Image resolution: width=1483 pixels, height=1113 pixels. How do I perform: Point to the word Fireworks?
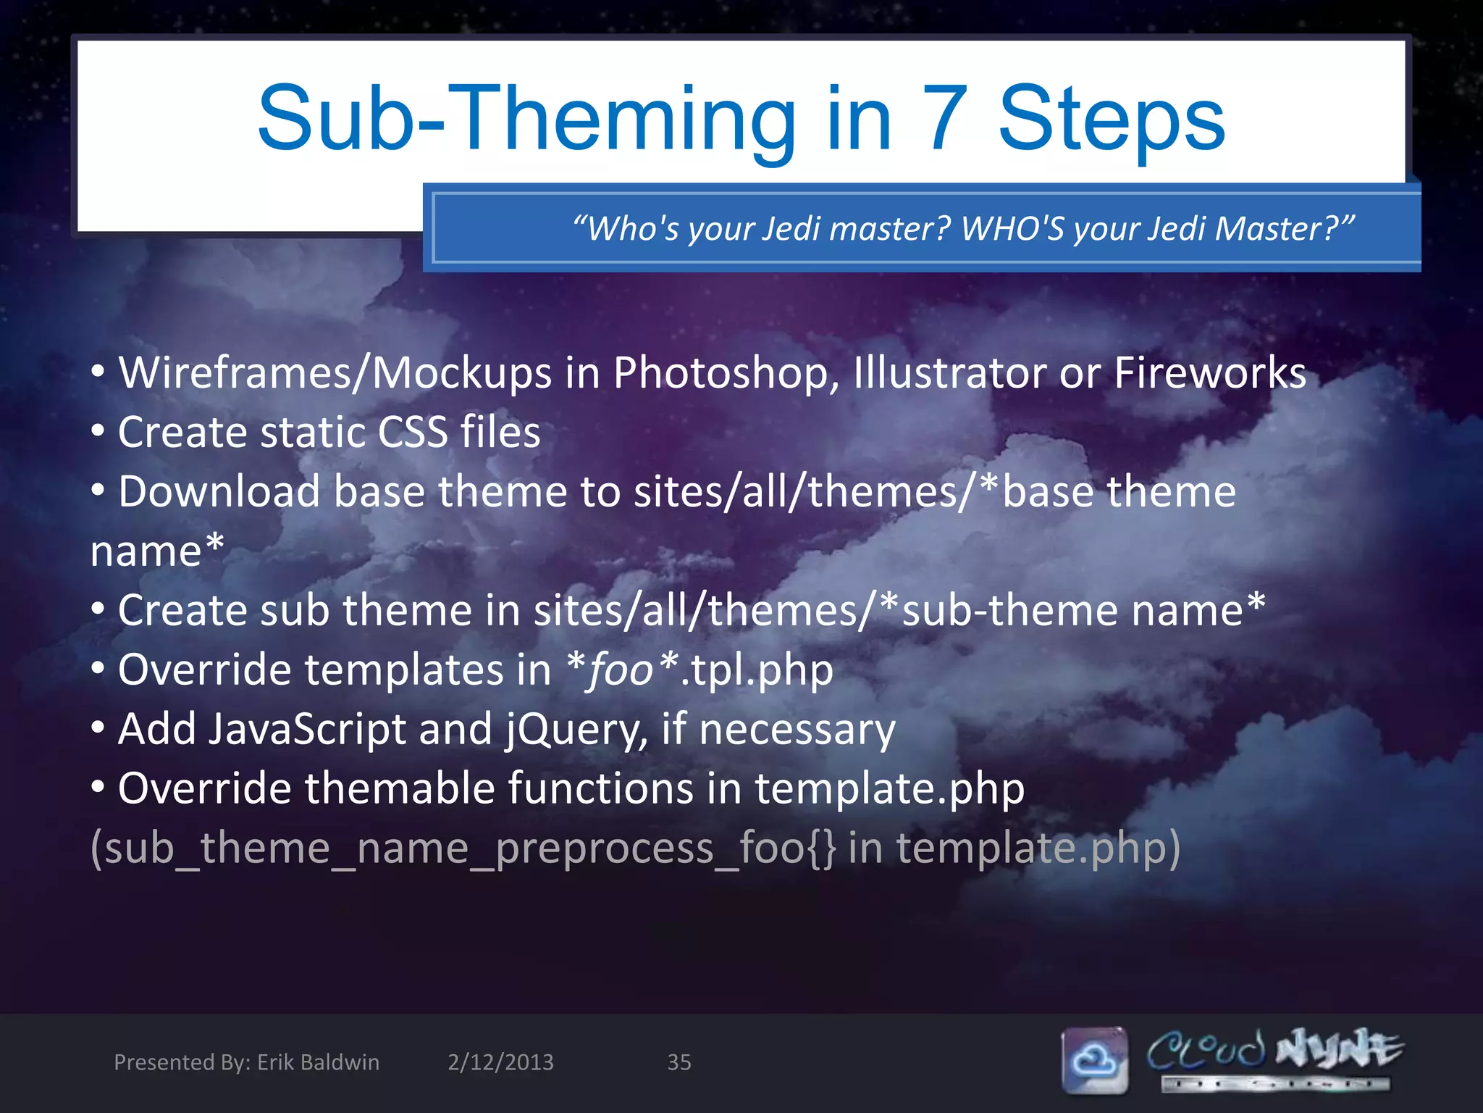pyautogui.click(x=1209, y=373)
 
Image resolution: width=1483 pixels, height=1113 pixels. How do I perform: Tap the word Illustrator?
pyautogui.click(x=949, y=373)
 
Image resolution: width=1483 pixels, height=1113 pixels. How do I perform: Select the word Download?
pyautogui.click(x=219, y=492)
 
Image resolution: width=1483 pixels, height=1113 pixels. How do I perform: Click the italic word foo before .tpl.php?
pyautogui.click(x=621, y=670)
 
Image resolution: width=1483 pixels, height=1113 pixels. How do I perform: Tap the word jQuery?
pyautogui.click(x=576, y=730)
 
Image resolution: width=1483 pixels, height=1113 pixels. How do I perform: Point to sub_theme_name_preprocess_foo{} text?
pyautogui.click(x=463, y=848)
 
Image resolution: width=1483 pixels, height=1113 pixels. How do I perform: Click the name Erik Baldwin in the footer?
pyautogui.click(x=318, y=1062)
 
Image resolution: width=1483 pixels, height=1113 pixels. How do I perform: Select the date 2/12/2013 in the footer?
pyautogui.click(x=500, y=1062)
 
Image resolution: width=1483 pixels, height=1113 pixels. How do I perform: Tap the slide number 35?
pyautogui.click(x=679, y=1062)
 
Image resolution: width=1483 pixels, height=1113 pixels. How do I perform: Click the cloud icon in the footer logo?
pyautogui.click(x=1094, y=1060)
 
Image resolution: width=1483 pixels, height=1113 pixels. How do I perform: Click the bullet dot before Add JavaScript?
pyautogui.click(x=98, y=728)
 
